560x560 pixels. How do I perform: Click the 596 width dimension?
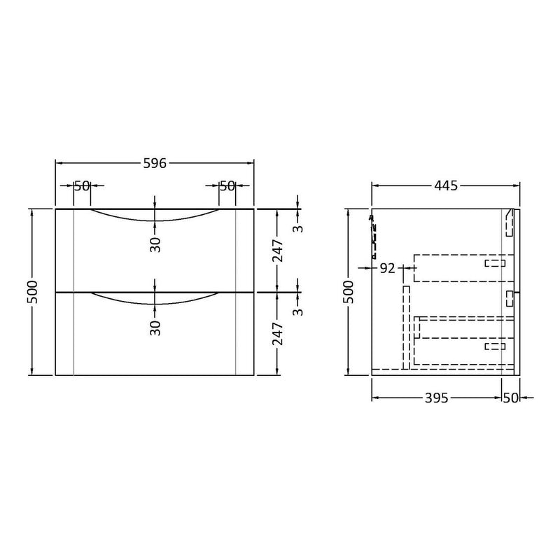click(x=155, y=163)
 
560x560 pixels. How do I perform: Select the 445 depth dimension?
click(x=446, y=185)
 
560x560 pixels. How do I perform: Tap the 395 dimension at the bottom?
click(x=436, y=398)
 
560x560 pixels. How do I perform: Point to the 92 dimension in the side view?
click(x=388, y=268)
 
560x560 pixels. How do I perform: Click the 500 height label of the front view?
click(x=31, y=292)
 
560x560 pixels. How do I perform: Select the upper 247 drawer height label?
click(x=277, y=251)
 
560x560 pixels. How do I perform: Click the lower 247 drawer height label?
click(x=277, y=334)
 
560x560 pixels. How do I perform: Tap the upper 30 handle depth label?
click(x=155, y=244)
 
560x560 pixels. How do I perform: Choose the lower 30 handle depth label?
click(x=155, y=328)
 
